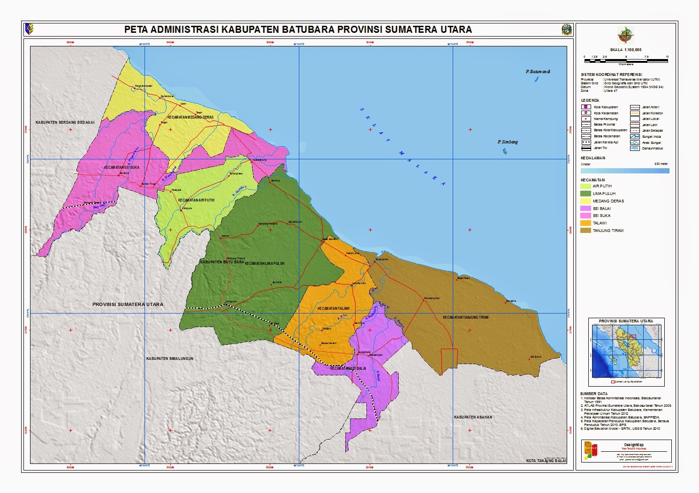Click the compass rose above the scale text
pyautogui.click(x=625, y=36)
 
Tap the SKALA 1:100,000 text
pyautogui.click(x=625, y=50)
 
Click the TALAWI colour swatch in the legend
pyautogui.click(x=585, y=223)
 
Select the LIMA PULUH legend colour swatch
pyautogui.click(x=585, y=194)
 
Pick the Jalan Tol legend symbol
pyautogui.click(x=586, y=148)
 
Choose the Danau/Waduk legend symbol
pyautogui.click(x=635, y=148)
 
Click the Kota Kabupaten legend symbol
pyautogui.click(x=586, y=107)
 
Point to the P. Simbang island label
pyautogui.click(x=508, y=142)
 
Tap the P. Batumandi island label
pyautogui.click(x=538, y=72)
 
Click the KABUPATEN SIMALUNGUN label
pyautogui.click(x=170, y=359)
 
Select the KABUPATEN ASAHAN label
pyautogui.click(x=473, y=417)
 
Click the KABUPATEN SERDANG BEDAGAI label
pyautogui.click(x=65, y=122)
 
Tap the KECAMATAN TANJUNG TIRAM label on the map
pyautogui.click(x=465, y=317)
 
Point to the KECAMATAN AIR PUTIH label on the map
pyautogui.click(x=196, y=200)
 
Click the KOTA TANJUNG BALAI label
pyautogui.click(x=546, y=461)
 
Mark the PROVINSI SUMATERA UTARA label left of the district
pyautogui.click(x=128, y=305)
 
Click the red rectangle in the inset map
pyautogui.click(x=632, y=336)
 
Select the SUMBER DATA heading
pyautogui.click(x=593, y=394)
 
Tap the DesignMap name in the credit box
pyautogui.click(x=634, y=445)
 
